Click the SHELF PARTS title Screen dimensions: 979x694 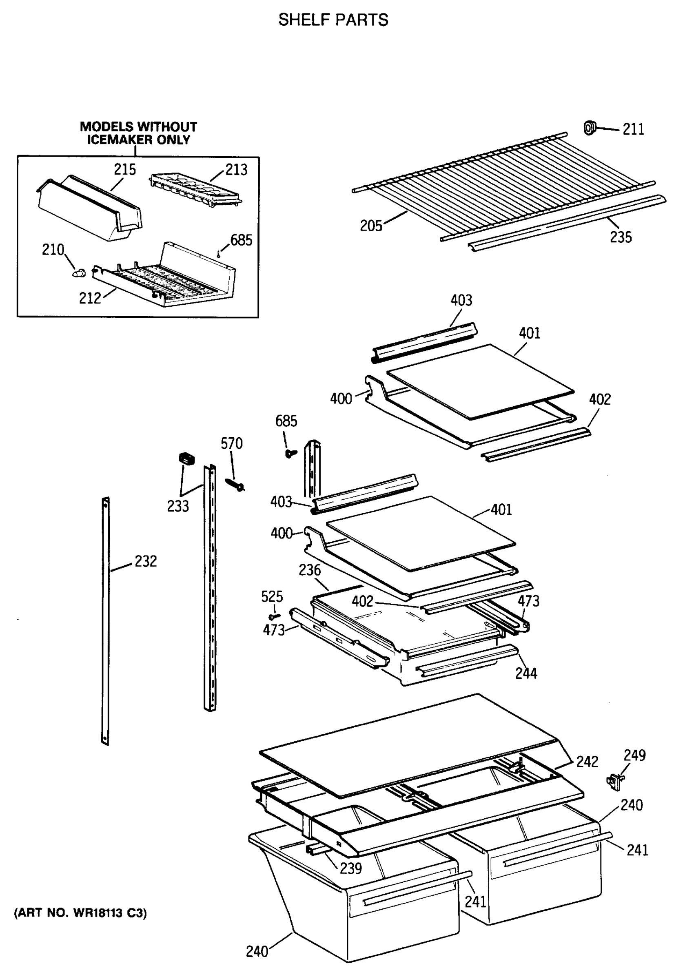pos(333,20)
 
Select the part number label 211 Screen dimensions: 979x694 pos(633,129)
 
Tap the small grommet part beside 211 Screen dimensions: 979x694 pos(589,127)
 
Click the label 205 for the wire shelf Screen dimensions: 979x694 pos(370,226)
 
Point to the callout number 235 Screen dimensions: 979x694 pos(621,237)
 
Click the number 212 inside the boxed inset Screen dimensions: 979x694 pos(90,298)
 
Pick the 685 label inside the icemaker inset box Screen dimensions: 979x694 pos(241,241)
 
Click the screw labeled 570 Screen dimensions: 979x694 pos(235,484)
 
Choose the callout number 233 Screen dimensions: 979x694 pos(178,506)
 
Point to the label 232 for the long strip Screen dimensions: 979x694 pos(146,561)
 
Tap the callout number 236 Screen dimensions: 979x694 pos(309,570)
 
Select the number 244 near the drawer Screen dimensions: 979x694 pos(525,673)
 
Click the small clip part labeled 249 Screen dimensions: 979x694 pos(614,781)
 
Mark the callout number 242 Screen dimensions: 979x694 pos(587,762)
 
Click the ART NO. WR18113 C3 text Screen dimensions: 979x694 pos(80,914)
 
